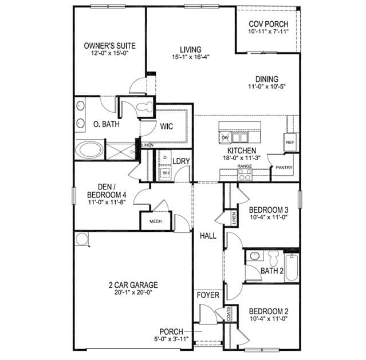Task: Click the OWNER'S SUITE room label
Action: point(110,46)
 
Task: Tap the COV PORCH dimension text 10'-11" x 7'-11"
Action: point(269,31)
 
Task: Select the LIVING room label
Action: point(191,50)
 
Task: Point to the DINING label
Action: point(267,79)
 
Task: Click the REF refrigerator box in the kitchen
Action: point(290,142)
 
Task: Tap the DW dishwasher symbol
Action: point(225,138)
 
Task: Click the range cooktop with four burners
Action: point(245,175)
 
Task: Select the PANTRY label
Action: point(284,168)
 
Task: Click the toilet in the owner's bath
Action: point(144,107)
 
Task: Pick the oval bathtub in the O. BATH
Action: point(90,149)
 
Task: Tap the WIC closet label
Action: point(167,126)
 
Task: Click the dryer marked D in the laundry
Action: point(165,157)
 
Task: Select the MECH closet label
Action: point(156,221)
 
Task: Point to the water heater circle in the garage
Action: point(81,239)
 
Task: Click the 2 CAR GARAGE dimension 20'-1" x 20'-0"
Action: point(133,292)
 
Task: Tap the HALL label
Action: point(208,236)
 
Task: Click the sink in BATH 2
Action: point(254,256)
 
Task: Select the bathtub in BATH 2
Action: point(292,268)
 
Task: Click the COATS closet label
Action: point(229,314)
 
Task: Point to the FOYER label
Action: point(208,295)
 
